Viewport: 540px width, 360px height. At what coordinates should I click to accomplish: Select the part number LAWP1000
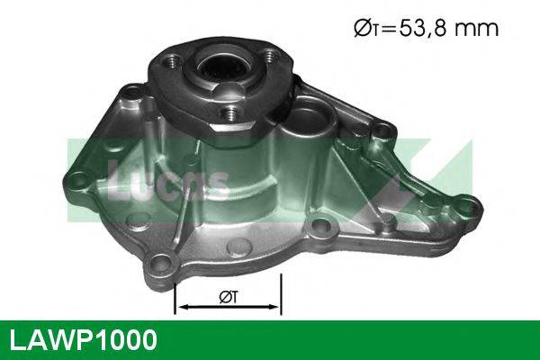point(82,339)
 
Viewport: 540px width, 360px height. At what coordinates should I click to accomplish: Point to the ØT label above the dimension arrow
point(228,293)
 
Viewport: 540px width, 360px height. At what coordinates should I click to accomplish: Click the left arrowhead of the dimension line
point(181,307)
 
